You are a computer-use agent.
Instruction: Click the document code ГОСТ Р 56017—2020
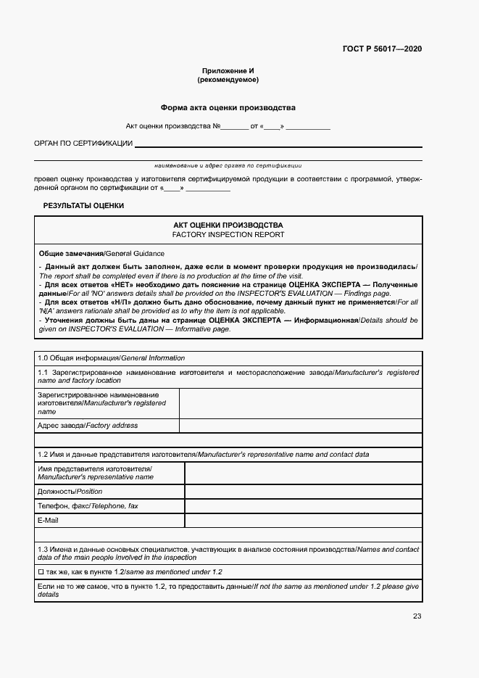[382, 49]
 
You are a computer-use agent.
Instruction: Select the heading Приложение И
[228, 70]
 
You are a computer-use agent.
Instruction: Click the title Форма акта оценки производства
[228, 107]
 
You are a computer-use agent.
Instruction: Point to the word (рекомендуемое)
[228, 80]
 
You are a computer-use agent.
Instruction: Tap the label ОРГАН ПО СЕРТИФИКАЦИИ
[83, 144]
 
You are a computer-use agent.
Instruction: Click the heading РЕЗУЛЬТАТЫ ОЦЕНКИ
[83, 205]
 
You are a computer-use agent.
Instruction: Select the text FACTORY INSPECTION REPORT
[228, 235]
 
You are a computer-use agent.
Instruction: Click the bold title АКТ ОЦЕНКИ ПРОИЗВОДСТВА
[228, 226]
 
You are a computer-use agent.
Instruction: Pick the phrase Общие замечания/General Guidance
[101, 253]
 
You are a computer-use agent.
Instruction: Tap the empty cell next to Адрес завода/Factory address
[300, 426]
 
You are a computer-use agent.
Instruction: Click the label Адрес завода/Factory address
[88, 426]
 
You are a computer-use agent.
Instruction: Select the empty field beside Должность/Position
[303, 492]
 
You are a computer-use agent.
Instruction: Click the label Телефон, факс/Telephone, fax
[88, 506]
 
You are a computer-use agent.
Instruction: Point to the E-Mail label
[48, 521]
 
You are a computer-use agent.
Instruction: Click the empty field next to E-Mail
[303, 521]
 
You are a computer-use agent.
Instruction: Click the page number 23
[417, 616]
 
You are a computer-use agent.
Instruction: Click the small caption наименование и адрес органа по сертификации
[223, 165]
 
